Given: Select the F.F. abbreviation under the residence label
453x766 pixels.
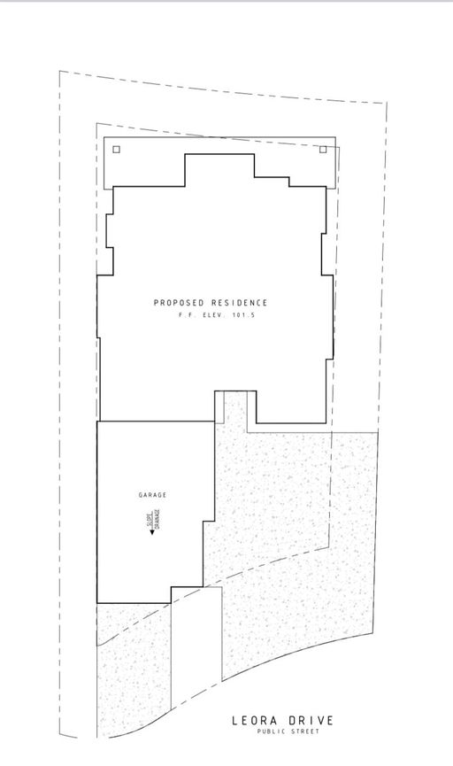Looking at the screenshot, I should (185, 315).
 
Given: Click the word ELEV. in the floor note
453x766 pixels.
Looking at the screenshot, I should (214, 315).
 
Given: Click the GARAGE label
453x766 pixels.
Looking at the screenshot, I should (151, 496).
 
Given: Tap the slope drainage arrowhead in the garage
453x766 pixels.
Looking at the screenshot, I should (151, 533).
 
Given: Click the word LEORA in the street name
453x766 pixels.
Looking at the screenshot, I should (255, 722).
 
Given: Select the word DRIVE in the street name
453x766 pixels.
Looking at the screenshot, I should (310, 722).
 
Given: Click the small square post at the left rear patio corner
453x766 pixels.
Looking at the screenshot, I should (117, 150).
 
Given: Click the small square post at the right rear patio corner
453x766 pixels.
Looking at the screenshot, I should (323, 150).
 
